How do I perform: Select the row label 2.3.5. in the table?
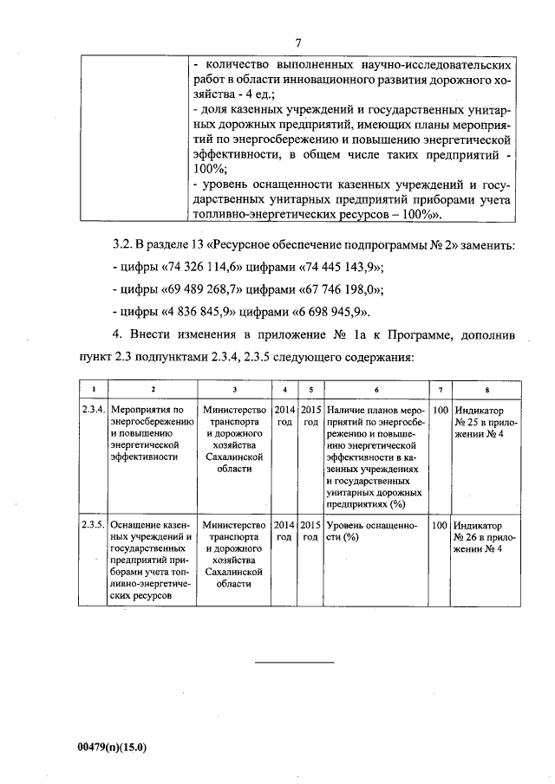[x=92, y=525]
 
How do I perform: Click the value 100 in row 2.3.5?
[x=440, y=525]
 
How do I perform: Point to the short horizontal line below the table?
[x=295, y=663]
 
